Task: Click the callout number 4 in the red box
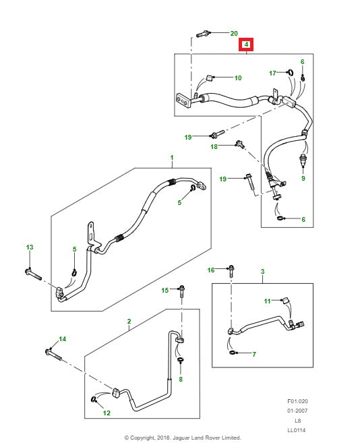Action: coord(247,45)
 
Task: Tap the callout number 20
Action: coord(234,33)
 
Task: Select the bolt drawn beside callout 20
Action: coord(204,32)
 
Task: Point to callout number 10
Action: coord(237,78)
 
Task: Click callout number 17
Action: coord(272,73)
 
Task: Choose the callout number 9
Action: coord(303,179)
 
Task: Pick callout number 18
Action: coord(214,146)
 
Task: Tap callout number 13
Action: coord(29,248)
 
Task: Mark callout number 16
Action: coord(210,270)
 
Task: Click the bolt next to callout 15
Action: coord(181,291)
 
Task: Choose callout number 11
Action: coord(266,301)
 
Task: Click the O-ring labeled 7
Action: coord(233,353)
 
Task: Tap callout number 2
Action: coord(129,322)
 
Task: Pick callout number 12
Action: coord(106,413)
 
